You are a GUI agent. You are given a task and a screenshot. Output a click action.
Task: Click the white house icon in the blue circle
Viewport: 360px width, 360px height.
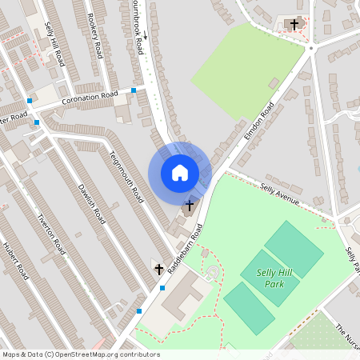179,172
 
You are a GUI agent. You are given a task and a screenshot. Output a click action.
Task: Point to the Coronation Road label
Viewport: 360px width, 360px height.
90,98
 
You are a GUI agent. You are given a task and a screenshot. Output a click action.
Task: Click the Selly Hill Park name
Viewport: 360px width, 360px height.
274,278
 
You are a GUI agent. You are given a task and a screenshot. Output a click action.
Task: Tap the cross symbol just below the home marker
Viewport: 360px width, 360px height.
189,206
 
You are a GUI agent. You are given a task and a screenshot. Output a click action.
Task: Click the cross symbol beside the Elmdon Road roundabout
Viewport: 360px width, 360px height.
294,25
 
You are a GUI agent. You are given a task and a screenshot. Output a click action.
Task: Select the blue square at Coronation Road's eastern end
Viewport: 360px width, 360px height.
134,90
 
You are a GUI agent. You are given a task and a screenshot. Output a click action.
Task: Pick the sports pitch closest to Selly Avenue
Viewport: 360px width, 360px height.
294,249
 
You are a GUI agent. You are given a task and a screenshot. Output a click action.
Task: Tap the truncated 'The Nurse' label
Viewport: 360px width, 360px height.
347,335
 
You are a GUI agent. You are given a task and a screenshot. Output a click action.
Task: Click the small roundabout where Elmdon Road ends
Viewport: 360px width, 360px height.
310,48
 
